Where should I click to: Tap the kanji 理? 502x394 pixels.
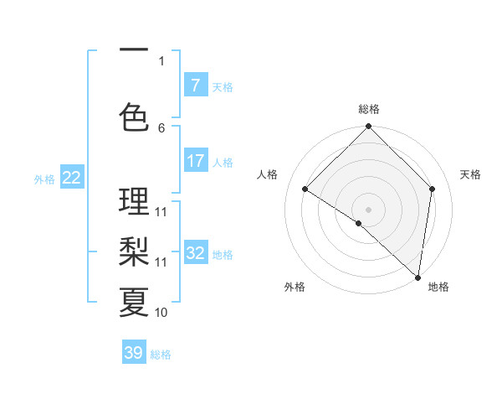pos(134,201)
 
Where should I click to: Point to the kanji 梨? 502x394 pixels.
pos(134,251)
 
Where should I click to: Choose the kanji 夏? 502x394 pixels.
pos(134,302)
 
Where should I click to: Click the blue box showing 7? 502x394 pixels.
pos(195,85)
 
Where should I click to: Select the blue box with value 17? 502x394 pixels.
pos(195,161)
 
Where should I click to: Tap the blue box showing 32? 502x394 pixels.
pos(195,253)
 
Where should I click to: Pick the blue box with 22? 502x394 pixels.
pos(72,177)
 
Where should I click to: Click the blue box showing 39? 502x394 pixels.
pos(134,353)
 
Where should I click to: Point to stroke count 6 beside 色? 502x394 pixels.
pos(161,127)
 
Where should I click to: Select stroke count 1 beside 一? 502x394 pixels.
pos(161,60)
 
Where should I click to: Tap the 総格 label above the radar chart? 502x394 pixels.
pos(368,109)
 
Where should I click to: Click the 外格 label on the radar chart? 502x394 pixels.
pos(295,287)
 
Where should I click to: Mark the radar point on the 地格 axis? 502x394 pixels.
pos(417,277)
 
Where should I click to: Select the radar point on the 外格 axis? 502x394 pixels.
pos(359,223)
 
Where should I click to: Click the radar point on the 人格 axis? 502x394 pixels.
pos(305,189)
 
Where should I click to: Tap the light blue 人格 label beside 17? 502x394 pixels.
pos(223,163)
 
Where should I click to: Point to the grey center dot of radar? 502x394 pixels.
pos(368,209)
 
